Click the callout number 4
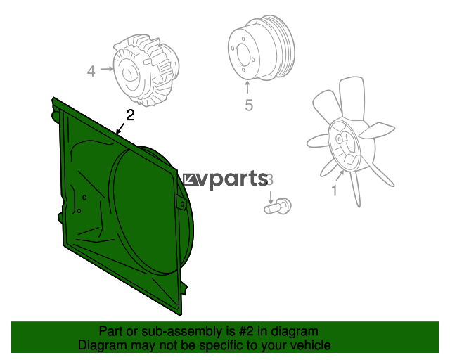point(91,70)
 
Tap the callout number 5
point(248,106)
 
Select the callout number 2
point(129,114)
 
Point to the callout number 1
point(335,189)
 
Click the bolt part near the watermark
point(278,207)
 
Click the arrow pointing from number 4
point(106,70)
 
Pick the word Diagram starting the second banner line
point(101,345)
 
